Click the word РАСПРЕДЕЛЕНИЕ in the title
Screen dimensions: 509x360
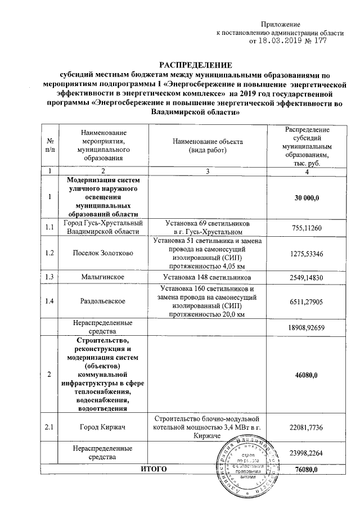(194, 65)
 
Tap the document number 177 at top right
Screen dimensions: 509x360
(319, 41)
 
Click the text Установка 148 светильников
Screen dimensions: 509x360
(207, 278)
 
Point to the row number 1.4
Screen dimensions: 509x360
(51, 301)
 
